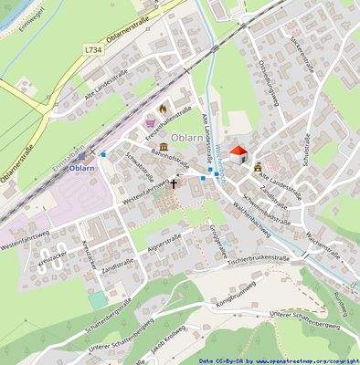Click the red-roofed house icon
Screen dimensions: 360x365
(238, 154)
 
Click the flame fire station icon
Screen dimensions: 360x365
(163, 109)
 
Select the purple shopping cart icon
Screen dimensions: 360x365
(150, 121)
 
